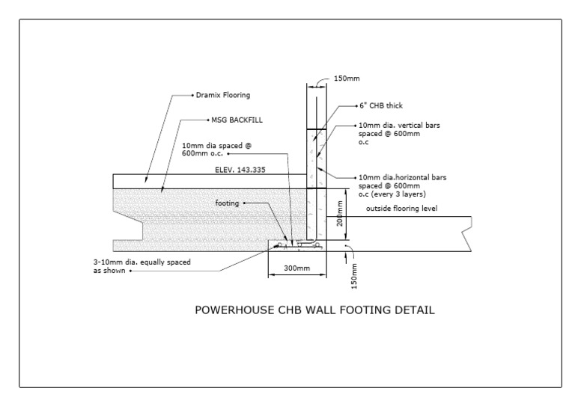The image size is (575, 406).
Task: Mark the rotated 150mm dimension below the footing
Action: pyautogui.click(x=354, y=276)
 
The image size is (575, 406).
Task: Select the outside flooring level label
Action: pyautogui.click(x=401, y=208)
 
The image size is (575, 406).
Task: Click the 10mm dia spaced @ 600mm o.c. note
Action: pyautogui.click(x=210, y=150)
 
